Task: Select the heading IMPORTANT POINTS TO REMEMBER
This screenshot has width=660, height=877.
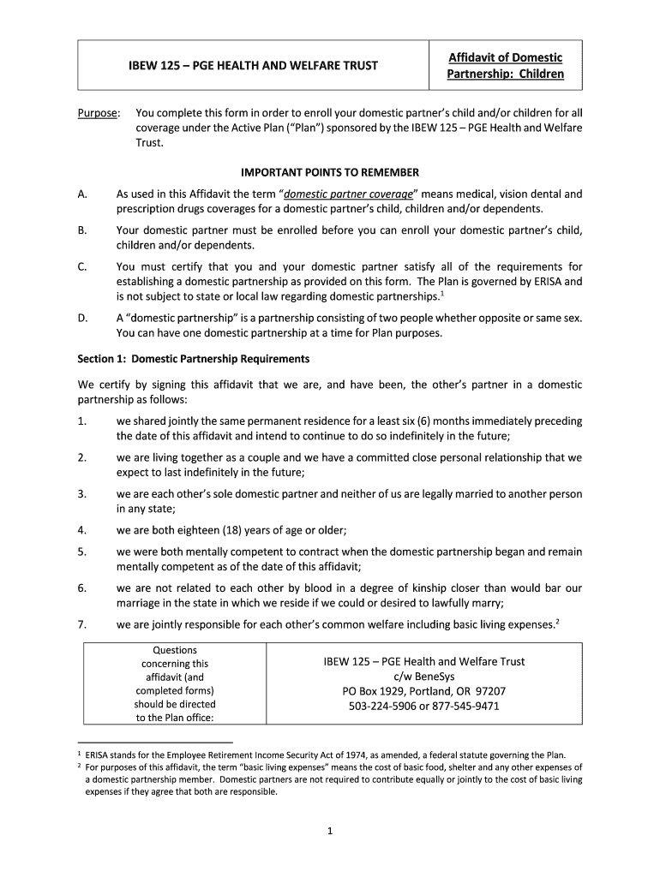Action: point(330,172)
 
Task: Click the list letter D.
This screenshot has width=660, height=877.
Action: point(82,318)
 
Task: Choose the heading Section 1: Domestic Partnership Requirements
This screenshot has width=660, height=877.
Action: point(193,359)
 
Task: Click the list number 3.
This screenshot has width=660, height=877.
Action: point(81,494)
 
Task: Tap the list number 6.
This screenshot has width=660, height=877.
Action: point(81,588)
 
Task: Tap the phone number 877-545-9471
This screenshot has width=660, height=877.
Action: point(467,707)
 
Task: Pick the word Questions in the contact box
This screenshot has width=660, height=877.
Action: point(174,650)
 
